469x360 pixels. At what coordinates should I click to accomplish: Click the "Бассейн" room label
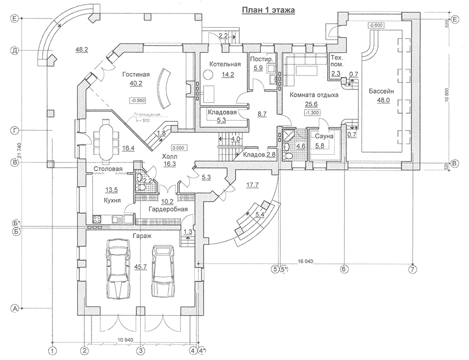(x=382, y=91)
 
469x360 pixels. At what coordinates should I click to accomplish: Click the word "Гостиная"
(x=136, y=75)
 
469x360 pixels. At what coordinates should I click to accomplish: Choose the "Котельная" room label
(x=225, y=64)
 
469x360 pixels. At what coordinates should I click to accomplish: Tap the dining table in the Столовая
(x=105, y=140)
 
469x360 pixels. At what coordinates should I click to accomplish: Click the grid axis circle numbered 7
(x=412, y=268)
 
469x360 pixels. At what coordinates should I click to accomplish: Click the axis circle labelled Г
(x=15, y=131)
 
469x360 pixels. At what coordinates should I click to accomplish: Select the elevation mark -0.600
(x=375, y=24)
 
